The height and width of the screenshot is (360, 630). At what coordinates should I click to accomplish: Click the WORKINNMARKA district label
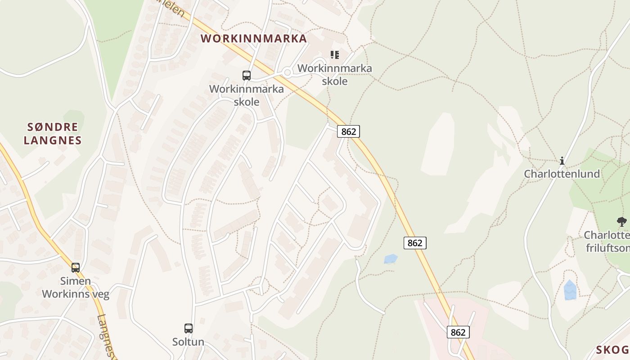pyautogui.click(x=254, y=39)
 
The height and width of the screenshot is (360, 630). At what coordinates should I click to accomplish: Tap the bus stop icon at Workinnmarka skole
pyautogui.click(x=247, y=76)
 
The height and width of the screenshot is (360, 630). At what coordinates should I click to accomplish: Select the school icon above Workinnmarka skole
pyautogui.click(x=334, y=55)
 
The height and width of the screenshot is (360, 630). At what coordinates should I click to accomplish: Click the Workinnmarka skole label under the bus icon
pyautogui.click(x=247, y=95)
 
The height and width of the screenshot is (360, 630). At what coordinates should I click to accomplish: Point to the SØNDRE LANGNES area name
pyautogui.click(x=53, y=134)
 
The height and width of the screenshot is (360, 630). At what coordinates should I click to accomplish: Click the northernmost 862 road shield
pyautogui.click(x=348, y=131)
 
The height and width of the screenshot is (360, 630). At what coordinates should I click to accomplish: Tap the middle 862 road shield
pyautogui.click(x=414, y=243)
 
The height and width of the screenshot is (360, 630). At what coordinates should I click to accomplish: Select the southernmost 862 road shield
pyautogui.click(x=458, y=332)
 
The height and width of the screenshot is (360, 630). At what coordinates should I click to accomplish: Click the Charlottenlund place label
pyautogui.click(x=562, y=174)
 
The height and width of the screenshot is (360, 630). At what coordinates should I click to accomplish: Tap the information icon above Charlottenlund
pyautogui.click(x=562, y=161)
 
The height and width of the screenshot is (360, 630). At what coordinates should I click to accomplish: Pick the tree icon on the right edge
pyautogui.click(x=621, y=221)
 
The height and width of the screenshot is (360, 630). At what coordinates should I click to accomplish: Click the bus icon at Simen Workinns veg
pyautogui.click(x=76, y=268)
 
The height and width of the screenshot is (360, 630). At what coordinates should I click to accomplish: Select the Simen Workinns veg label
pyautogui.click(x=76, y=288)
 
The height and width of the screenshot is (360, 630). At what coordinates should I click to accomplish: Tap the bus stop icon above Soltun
pyautogui.click(x=189, y=328)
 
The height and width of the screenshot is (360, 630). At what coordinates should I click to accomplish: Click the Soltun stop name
pyautogui.click(x=188, y=342)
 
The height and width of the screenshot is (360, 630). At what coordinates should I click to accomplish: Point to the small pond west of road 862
pyautogui.click(x=391, y=259)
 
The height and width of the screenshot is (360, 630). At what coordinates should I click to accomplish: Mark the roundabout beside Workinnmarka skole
pyautogui.click(x=287, y=72)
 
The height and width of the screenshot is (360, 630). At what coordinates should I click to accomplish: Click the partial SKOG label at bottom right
pyautogui.click(x=613, y=350)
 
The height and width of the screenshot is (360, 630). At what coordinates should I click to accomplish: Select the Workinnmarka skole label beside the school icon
pyautogui.click(x=335, y=75)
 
